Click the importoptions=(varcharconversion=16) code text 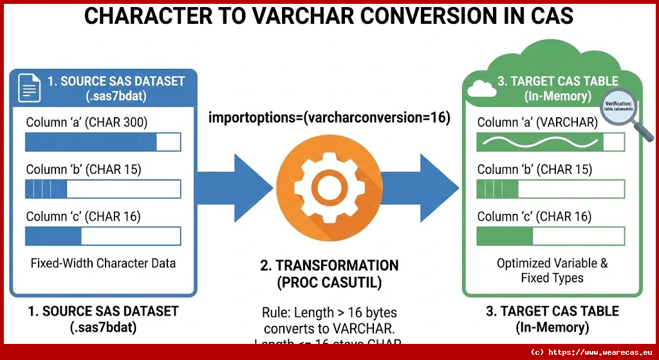(x=329, y=118)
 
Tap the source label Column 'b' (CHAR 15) (x=83, y=169)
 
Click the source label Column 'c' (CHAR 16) (x=83, y=216)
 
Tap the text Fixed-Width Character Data (x=103, y=263)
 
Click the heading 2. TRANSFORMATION (x=329, y=265)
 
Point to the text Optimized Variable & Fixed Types (x=552, y=270)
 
